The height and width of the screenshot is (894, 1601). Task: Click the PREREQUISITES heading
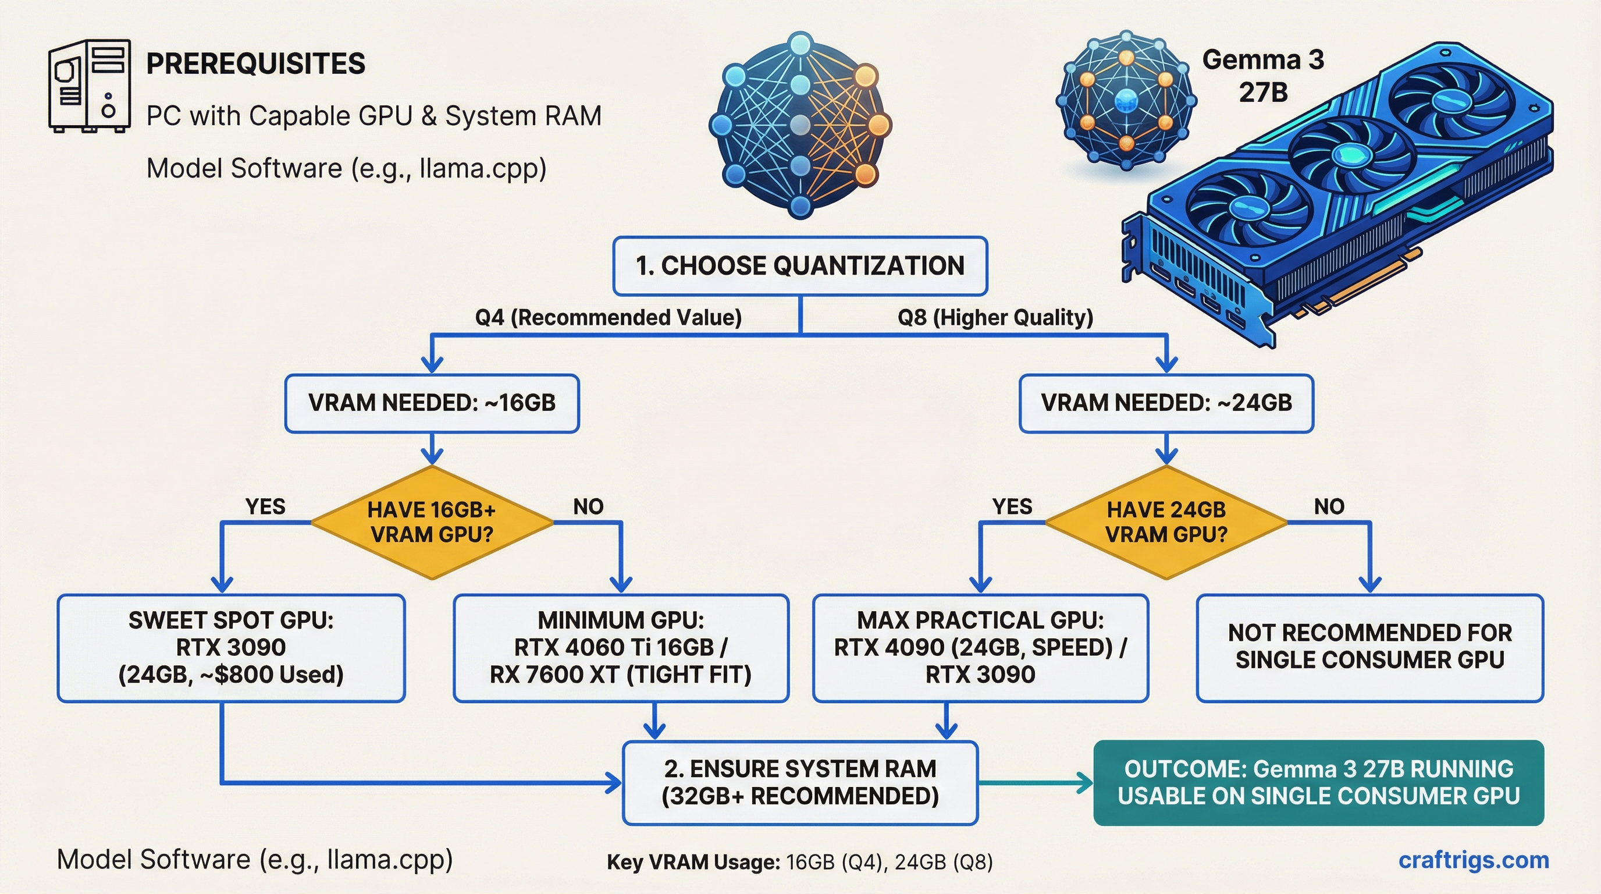pyautogui.click(x=255, y=63)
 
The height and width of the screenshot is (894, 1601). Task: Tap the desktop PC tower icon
pyautogui.click(x=90, y=86)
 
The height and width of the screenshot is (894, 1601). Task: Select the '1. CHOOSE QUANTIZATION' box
pyautogui.click(x=800, y=266)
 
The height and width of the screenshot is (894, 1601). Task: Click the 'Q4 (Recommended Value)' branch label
pyautogui.click(x=608, y=317)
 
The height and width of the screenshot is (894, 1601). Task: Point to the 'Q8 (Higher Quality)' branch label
pyautogui.click(x=995, y=317)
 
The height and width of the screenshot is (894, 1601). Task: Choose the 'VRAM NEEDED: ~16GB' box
pyautogui.click(x=432, y=403)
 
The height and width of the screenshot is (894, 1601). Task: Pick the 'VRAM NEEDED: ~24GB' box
pyautogui.click(x=1166, y=403)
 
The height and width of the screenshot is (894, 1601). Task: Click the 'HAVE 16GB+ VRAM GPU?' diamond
pyautogui.click(x=432, y=522)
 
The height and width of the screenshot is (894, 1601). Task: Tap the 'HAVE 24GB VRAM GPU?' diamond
pyautogui.click(x=1166, y=522)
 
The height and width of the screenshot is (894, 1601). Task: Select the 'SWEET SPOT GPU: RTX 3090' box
pyautogui.click(x=231, y=648)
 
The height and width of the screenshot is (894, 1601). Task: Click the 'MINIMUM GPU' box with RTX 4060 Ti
pyautogui.click(x=621, y=648)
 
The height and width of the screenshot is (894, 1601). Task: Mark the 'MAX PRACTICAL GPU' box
pyautogui.click(x=980, y=648)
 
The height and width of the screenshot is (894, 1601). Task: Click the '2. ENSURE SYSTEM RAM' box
pyautogui.click(x=800, y=783)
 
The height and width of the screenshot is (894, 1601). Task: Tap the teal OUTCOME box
pyautogui.click(x=1318, y=783)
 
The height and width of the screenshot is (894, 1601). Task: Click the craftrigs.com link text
pyautogui.click(x=1473, y=860)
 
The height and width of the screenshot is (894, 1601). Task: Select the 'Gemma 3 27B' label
pyautogui.click(x=1263, y=76)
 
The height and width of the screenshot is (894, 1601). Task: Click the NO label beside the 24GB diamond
pyautogui.click(x=1329, y=507)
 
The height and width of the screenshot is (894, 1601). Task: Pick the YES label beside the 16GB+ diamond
pyautogui.click(x=265, y=507)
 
